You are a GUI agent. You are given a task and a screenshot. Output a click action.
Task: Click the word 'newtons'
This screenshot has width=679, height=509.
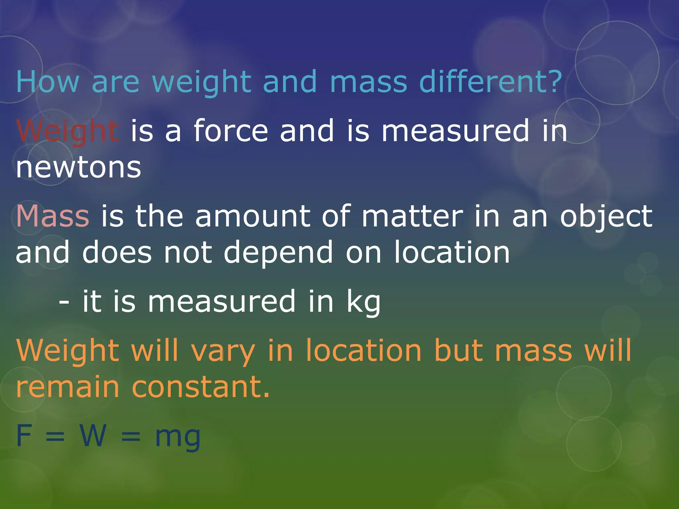coord(79,167)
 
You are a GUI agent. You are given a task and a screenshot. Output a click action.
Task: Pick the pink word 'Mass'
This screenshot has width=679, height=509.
coord(53,216)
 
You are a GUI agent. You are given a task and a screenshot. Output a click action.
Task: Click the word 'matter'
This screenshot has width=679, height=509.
coord(412,216)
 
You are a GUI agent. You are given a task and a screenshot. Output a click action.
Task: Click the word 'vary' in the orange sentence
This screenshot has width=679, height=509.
coord(223,351)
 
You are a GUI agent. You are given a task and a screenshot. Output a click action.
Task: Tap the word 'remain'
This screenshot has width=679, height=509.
coord(68,387)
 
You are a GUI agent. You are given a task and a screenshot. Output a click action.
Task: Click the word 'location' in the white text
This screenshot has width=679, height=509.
coord(452,253)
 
